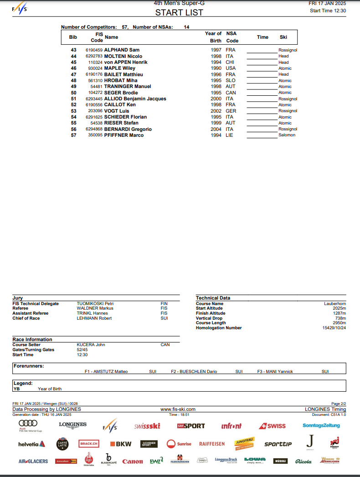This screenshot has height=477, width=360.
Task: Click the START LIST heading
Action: pos(179,12)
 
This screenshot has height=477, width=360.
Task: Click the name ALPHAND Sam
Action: pos(122,50)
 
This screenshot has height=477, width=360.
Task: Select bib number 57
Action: pos(73,135)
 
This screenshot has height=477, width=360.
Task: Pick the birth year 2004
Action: pos(216,129)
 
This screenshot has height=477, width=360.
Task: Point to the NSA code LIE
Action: pos(229,135)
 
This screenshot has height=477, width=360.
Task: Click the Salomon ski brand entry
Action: pos(287,135)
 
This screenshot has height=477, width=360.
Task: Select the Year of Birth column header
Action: pos(213,37)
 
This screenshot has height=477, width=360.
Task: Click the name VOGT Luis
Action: pos(117,111)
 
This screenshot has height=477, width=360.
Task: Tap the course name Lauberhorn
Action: pos(335,303)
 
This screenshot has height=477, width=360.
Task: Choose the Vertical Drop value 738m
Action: pos(340,318)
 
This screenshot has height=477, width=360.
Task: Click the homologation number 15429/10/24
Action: pos(334,328)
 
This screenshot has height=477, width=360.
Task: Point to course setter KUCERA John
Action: pos(91,345)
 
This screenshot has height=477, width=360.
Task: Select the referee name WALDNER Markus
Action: pos(95,308)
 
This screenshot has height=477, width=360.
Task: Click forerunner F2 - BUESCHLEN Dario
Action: pos(194,372)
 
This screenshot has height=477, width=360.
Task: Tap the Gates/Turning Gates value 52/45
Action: pos(82,350)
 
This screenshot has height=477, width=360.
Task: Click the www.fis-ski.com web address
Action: pos(178,410)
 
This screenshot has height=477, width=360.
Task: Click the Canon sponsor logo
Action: pos(133,461)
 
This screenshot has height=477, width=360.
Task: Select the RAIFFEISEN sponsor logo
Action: pos(212,444)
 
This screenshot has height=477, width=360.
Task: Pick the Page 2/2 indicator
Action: pos(339,404)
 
